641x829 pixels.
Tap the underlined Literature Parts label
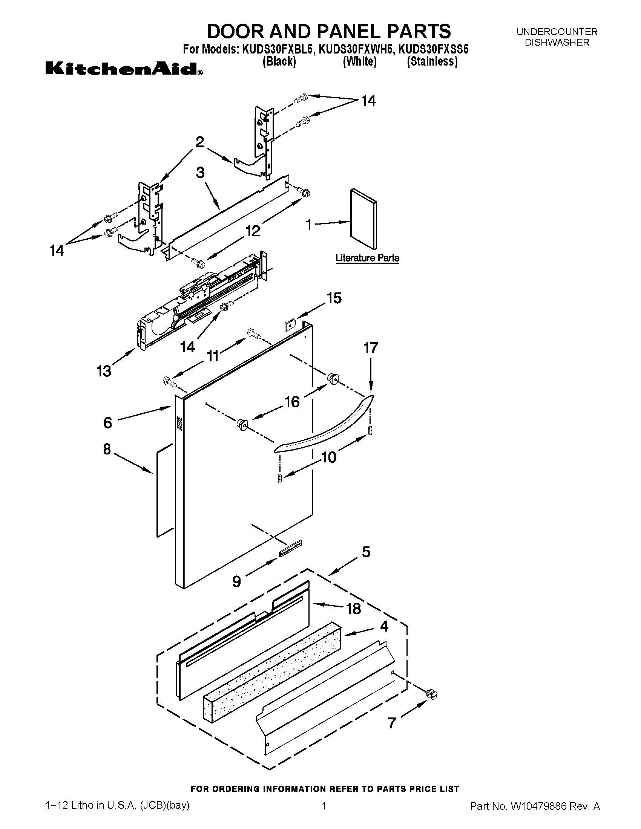point(367,258)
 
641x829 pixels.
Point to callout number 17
point(371,348)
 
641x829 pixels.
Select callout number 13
point(104,371)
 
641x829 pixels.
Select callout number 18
point(354,609)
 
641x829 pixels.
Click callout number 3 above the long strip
point(200,173)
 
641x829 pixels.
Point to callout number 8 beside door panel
point(107,449)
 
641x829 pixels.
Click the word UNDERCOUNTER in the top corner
point(557,32)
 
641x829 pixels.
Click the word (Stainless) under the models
point(432,61)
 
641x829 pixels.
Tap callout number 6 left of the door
point(108,422)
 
